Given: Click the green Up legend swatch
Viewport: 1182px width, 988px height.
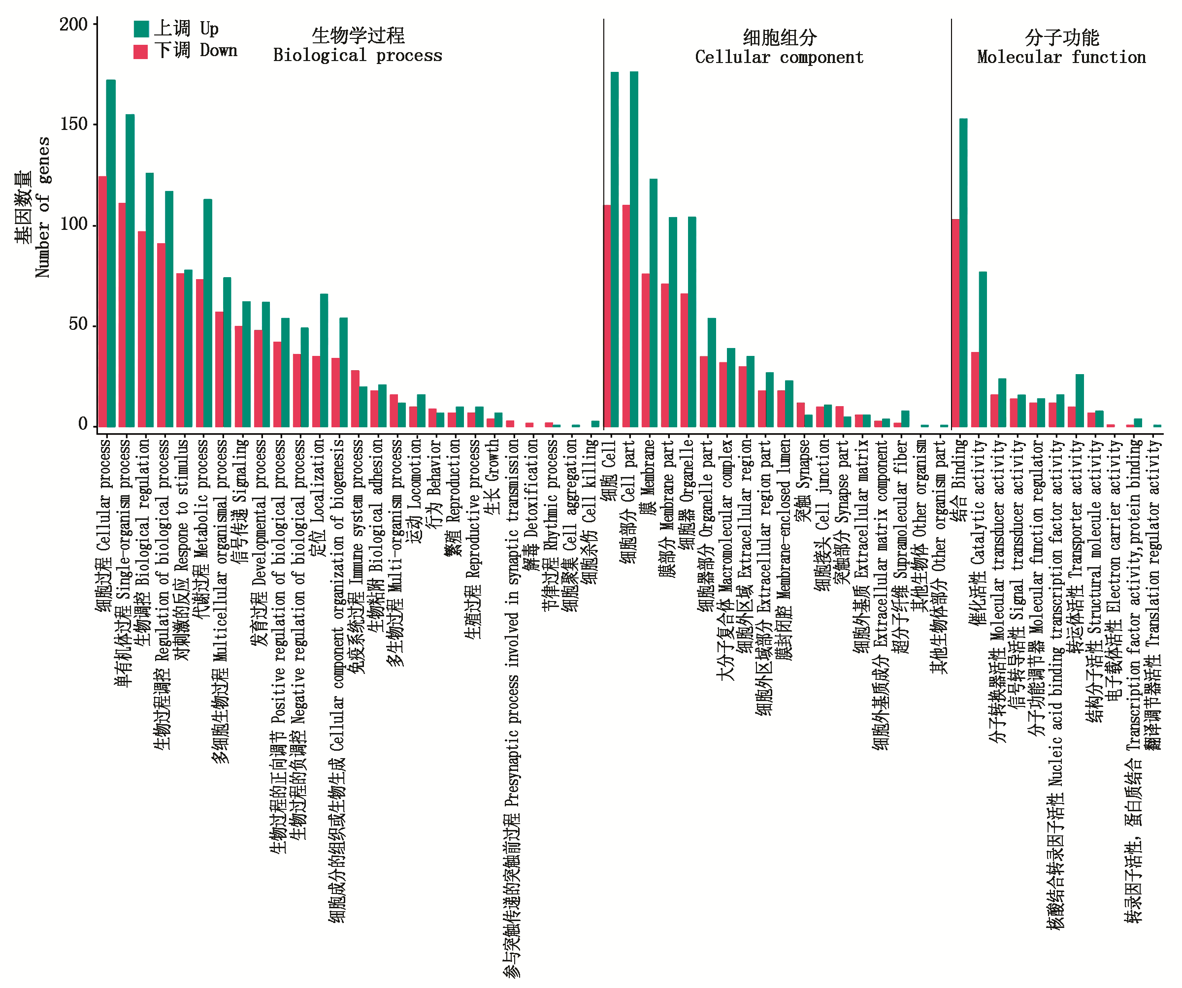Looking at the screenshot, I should tap(141, 29).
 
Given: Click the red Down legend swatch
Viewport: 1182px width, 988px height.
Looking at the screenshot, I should tap(141, 51).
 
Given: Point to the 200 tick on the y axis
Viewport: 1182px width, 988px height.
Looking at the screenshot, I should tap(74, 24).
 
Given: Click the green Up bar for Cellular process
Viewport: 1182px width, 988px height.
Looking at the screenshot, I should tap(111, 253).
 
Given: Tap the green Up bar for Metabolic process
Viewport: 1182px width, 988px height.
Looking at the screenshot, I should tap(208, 313).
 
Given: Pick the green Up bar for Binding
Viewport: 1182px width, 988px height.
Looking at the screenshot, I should tap(964, 272).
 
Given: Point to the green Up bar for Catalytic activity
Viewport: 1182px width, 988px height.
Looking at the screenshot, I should tap(983, 349).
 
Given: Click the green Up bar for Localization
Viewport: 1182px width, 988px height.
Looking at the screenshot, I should tap(324, 360).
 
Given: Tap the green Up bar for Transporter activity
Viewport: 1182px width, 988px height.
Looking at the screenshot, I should tap(1080, 400).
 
